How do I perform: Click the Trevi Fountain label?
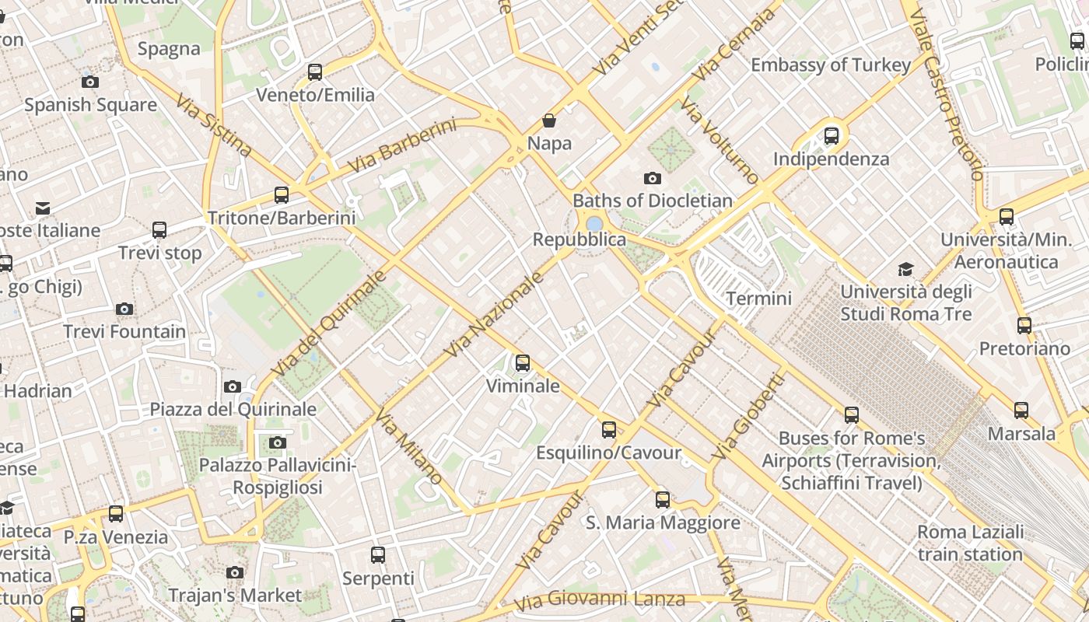point(124,332)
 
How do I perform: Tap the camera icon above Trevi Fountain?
point(124,309)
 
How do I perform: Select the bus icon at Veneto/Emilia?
point(315,72)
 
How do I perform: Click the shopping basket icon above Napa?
point(549,121)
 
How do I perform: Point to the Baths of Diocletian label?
point(653,201)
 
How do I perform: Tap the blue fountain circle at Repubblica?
point(594,224)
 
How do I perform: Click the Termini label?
point(758,299)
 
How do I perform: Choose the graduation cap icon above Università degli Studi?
point(905,270)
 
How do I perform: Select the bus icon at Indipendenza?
point(832,136)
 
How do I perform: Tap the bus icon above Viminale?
point(523,363)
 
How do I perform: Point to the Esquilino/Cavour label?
point(608,453)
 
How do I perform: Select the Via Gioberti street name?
point(748,416)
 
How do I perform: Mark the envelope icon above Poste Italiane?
point(43,208)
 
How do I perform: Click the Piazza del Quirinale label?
point(233,409)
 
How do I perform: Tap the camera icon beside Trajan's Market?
point(235,573)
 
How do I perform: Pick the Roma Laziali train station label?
point(970,543)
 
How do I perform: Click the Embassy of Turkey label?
point(830,65)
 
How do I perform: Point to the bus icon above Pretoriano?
point(1024,326)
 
